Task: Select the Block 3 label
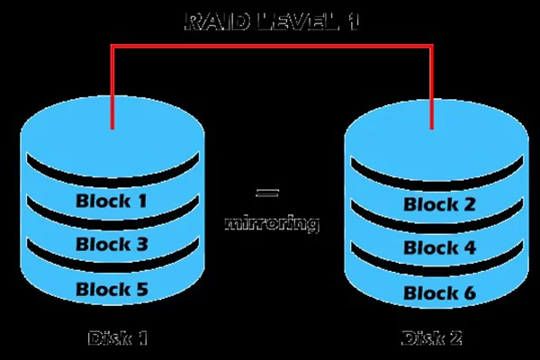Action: [x=111, y=244]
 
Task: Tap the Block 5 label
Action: [x=111, y=289]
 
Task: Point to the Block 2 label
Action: [x=438, y=205]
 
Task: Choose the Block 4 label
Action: [x=438, y=248]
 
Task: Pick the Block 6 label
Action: [x=438, y=292]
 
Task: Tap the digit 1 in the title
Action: [x=351, y=21]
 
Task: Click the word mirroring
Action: [x=270, y=222]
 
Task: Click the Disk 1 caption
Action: [x=118, y=338]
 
